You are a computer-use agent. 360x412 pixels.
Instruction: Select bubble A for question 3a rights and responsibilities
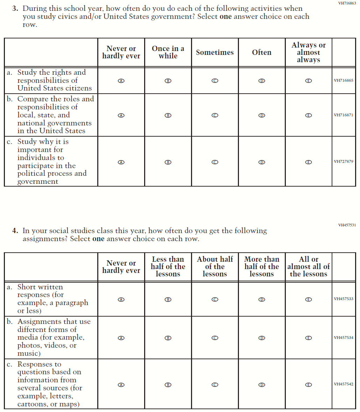tap(121, 81)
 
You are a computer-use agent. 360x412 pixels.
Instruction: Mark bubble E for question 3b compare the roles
tap(308, 115)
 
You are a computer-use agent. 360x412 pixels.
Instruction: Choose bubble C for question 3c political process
tap(215, 162)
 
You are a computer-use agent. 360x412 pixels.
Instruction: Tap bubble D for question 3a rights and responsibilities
tap(261, 81)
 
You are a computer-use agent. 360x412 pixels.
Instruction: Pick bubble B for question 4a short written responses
tap(168, 299)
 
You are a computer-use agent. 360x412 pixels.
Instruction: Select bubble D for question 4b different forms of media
tap(261, 338)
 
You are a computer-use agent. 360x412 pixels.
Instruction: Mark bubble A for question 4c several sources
tap(121, 385)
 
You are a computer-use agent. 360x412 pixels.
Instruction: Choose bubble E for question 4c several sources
tap(308, 385)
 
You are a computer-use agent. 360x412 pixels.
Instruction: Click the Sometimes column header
tap(215, 52)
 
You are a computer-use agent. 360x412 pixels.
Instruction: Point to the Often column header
tap(262, 52)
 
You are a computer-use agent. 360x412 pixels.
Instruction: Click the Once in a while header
tap(168, 52)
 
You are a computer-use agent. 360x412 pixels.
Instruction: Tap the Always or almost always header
tap(309, 52)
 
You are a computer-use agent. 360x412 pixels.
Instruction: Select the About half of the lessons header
tap(215, 267)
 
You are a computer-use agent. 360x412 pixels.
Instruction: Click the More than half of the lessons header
tap(262, 267)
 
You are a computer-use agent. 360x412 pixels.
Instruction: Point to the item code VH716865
tap(344, 80)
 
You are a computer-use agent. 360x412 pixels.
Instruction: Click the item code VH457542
tap(344, 384)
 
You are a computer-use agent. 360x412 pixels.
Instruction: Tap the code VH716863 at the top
tap(347, 3)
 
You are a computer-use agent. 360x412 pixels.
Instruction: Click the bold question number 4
tap(15, 231)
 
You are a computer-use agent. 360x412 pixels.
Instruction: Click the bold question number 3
tap(15, 8)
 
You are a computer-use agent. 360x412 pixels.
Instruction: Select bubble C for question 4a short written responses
tap(215, 299)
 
